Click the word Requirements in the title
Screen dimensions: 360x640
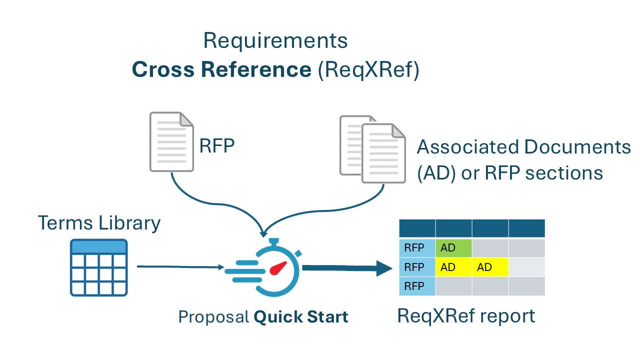click(x=275, y=40)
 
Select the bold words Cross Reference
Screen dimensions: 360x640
click(x=221, y=70)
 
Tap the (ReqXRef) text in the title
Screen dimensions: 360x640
click(x=368, y=70)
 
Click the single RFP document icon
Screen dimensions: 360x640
click(x=171, y=141)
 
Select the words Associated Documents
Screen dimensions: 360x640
click(x=523, y=147)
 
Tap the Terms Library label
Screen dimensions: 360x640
click(x=99, y=223)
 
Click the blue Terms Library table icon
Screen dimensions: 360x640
click(x=98, y=267)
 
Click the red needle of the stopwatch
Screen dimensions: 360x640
click(x=277, y=269)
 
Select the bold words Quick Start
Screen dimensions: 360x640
click(x=300, y=317)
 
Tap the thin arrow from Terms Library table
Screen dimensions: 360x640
click(x=180, y=267)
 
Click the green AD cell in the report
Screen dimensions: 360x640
click(x=453, y=248)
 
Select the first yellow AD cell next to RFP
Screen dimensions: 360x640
click(x=453, y=267)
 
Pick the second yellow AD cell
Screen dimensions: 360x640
click(x=490, y=267)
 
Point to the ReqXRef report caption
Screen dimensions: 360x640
click(x=466, y=315)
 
